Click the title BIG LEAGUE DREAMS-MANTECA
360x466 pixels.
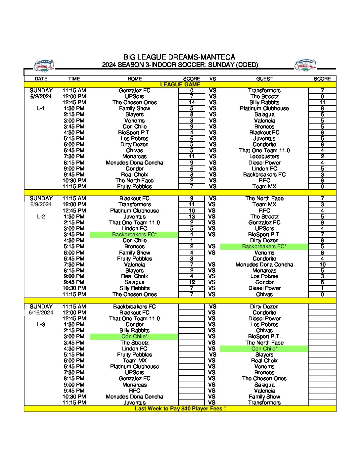click(x=179, y=57)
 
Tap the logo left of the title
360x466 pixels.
click(x=44, y=66)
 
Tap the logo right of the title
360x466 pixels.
click(x=305, y=65)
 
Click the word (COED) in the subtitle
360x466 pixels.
click(x=247, y=65)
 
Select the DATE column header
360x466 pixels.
click(x=41, y=79)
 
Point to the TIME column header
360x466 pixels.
click(x=74, y=79)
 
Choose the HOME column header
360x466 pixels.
click(x=134, y=79)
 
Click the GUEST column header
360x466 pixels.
click(x=264, y=79)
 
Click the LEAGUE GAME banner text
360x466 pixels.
click(x=180, y=85)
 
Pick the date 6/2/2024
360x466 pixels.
click(x=41, y=97)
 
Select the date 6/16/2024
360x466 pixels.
click(x=41, y=312)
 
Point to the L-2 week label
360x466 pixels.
click(x=41, y=216)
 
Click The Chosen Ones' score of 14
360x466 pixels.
click(x=192, y=103)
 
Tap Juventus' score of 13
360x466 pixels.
click(x=192, y=216)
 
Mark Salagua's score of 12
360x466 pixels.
click(x=192, y=282)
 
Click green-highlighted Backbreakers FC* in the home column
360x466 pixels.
click(x=134, y=235)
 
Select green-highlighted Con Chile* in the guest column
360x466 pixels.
click(x=264, y=349)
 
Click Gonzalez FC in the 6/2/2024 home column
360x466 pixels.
click(x=134, y=91)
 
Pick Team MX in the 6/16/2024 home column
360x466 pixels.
click(x=134, y=361)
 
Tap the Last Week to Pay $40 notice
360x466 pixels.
click(x=180, y=409)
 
